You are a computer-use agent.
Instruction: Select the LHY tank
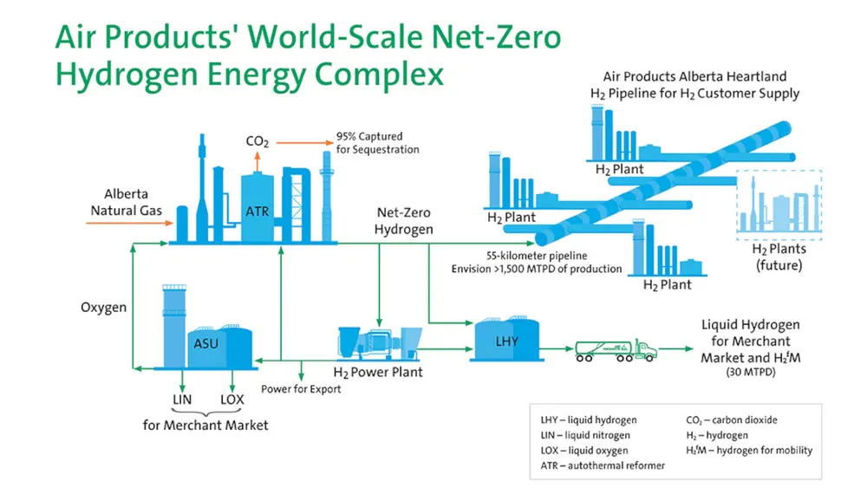tap(505, 340)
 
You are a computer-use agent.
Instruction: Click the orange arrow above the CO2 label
tap(257, 159)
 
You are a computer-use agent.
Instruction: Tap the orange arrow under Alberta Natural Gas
tap(125, 223)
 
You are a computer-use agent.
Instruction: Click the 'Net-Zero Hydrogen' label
tap(403, 221)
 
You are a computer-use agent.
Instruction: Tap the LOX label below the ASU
tap(232, 400)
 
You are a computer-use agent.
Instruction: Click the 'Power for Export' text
tap(301, 389)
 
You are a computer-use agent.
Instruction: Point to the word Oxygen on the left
tap(103, 307)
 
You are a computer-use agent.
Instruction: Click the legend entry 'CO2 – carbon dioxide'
tap(732, 420)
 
